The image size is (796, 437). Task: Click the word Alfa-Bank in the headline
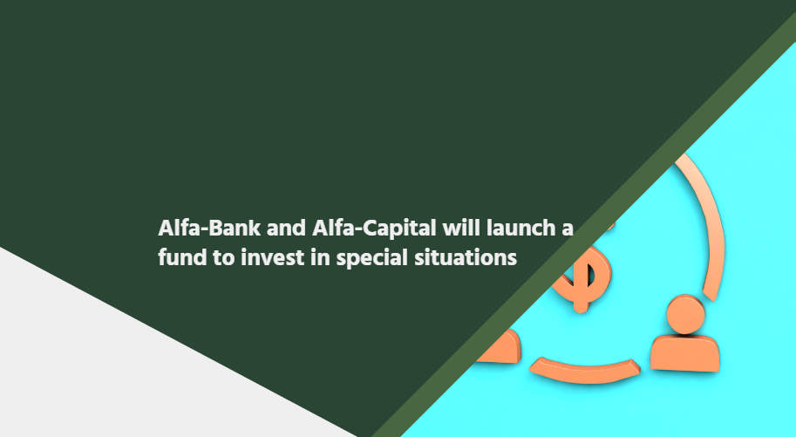pos(209,229)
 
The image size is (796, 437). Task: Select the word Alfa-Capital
pos(374,229)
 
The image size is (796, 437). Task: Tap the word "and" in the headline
pos(286,229)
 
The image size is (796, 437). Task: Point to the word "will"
pos(461,229)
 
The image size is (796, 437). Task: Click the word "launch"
pos(520,229)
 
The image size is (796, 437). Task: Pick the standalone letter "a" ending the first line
pos(568,229)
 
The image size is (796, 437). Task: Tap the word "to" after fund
pos(223,258)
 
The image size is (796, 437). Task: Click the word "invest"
pos(272,257)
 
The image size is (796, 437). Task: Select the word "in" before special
pos(320,257)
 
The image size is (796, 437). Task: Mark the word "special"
pos(372,259)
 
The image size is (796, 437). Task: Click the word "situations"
pos(466,257)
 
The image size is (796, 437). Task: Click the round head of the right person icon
pos(685,315)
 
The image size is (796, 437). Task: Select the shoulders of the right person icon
pos(684,354)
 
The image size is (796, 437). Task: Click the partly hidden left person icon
pos(500,348)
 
